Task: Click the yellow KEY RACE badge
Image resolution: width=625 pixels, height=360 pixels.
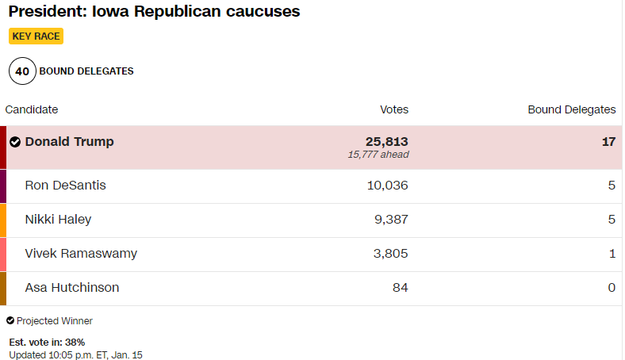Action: pyautogui.click(x=36, y=36)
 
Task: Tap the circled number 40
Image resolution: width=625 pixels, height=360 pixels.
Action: pyautogui.click(x=22, y=71)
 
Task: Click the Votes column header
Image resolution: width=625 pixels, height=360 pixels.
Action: pyautogui.click(x=394, y=109)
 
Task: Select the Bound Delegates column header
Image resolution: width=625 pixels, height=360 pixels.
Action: pyautogui.click(x=571, y=109)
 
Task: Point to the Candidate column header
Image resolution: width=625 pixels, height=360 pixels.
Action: pyautogui.click(x=32, y=109)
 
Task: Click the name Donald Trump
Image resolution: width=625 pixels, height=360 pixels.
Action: pyautogui.click(x=69, y=142)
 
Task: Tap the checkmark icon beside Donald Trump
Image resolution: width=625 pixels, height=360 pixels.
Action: pyautogui.click(x=15, y=142)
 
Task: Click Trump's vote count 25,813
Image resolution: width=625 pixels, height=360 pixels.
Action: pyautogui.click(x=386, y=141)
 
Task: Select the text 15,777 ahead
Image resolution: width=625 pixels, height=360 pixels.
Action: pyautogui.click(x=378, y=155)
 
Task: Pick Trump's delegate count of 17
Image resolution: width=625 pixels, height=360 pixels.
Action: pyautogui.click(x=608, y=142)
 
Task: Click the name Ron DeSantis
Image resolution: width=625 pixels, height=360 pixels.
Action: pyautogui.click(x=65, y=186)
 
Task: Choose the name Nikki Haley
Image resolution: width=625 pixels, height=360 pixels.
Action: pyautogui.click(x=58, y=220)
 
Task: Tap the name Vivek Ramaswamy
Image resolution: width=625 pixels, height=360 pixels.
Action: pyautogui.click(x=81, y=254)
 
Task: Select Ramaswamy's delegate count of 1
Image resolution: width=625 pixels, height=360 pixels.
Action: pyautogui.click(x=612, y=254)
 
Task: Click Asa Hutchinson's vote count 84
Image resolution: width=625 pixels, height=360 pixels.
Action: pyautogui.click(x=400, y=288)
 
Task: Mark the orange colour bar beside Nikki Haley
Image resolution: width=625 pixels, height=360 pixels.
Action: pyautogui.click(x=3, y=220)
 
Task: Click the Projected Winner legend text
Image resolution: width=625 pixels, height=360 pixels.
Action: pyautogui.click(x=54, y=321)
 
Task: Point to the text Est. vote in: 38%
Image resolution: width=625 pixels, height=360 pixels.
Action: pyautogui.click(x=47, y=342)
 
